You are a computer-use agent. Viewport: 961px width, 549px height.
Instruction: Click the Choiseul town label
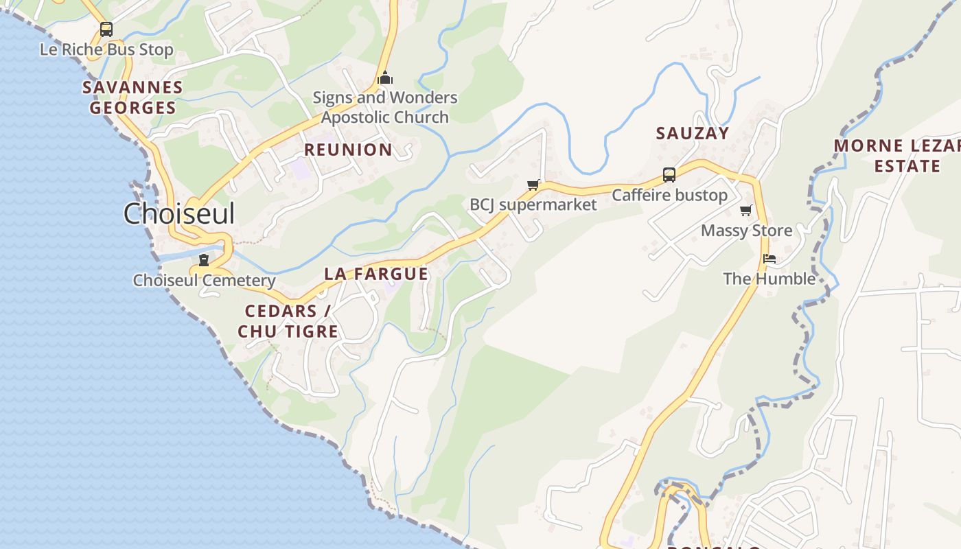click(x=179, y=213)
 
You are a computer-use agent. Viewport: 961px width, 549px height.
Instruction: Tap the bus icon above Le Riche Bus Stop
click(x=106, y=30)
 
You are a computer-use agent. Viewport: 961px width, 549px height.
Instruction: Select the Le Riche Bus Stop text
click(x=106, y=50)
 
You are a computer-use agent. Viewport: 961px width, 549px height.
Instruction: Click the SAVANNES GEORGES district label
click(x=132, y=97)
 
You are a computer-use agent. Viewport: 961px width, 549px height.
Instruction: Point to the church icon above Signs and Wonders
click(x=385, y=78)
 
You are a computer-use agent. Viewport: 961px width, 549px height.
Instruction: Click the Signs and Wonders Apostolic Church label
click(x=385, y=107)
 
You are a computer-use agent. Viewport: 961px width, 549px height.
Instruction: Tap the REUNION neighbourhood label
click(x=348, y=150)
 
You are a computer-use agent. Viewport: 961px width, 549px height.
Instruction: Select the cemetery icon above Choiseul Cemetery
click(x=204, y=260)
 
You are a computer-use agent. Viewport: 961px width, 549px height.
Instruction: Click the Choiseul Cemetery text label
click(x=204, y=280)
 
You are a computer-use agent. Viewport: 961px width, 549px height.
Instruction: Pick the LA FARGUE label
click(x=376, y=274)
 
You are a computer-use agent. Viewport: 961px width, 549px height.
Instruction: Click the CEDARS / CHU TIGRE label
click(x=288, y=321)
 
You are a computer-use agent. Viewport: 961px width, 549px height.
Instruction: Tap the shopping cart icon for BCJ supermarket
click(x=533, y=185)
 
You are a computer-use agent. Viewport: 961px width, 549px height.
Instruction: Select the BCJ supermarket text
click(x=533, y=205)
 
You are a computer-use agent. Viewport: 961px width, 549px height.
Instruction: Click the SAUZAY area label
click(x=692, y=133)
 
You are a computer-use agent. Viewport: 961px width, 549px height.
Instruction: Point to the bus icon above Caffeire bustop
click(x=669, y=175)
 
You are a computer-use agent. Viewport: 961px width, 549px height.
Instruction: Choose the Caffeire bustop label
click(x=669, y=196)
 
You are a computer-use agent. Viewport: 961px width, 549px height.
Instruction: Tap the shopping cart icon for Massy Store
click(x=746, y=210)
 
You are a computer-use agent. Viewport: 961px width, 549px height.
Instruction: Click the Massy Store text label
click(x=746, y=231)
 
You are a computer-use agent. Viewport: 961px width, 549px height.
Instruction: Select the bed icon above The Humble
click(x=769, y=259)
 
